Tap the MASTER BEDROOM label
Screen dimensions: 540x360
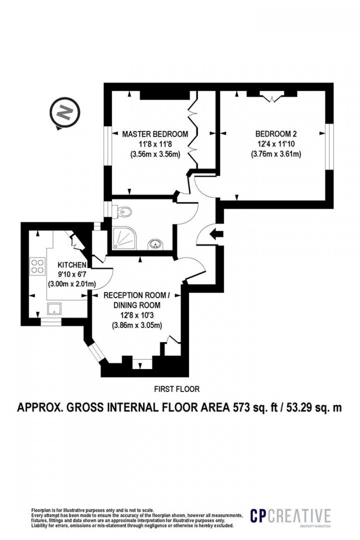[155, 134]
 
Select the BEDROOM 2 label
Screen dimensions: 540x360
[276, 134]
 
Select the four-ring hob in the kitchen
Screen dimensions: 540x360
[36, 266]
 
